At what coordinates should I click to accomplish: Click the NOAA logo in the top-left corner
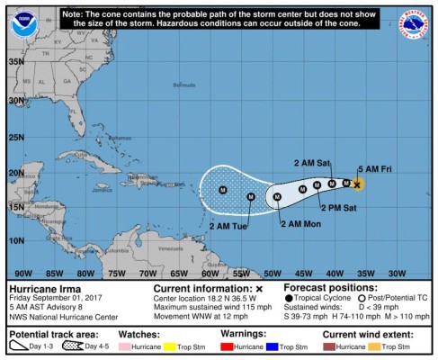coord(24,22)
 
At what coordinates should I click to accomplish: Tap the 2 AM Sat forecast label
coord(313,163)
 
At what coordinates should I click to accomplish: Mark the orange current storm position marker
coord(357,184)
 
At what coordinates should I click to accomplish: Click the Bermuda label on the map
coord(183,85)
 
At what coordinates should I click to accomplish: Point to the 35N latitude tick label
coord(15,61)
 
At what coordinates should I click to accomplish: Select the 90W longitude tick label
coord(23,272)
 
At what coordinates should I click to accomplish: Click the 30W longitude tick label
coord(397,272)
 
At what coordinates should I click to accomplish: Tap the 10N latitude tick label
coord(15,240)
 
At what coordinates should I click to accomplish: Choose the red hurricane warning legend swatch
coord(228,346)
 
